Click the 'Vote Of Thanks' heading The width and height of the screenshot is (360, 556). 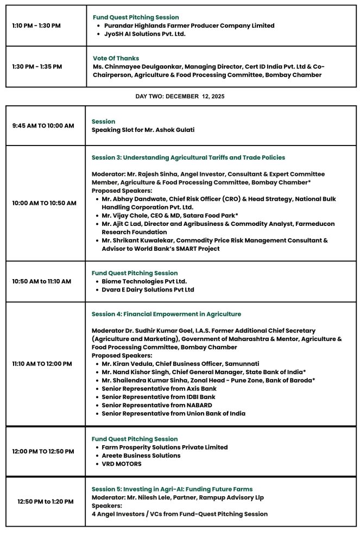click(116, 58)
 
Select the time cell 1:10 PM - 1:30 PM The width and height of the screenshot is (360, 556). click(36, 26)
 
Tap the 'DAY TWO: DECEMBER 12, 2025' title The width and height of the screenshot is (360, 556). click(180, 96)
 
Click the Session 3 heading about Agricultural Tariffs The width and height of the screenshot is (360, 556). click(188, 157)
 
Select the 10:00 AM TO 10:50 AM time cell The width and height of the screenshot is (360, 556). click(44, 203)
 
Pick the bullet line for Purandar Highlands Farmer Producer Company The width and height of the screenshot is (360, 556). click(189, 26)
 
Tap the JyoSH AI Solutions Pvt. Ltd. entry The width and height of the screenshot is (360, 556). click(144, 34)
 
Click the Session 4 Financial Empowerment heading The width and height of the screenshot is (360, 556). click(166, 314)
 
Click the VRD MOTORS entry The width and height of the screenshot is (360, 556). click(121, 464)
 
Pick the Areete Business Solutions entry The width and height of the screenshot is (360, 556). click(141, 456)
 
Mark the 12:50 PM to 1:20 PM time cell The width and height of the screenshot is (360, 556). click(45, 502)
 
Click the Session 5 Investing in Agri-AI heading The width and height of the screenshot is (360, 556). click(172, 489)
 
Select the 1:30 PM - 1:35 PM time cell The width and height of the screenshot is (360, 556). click(37, 67)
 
